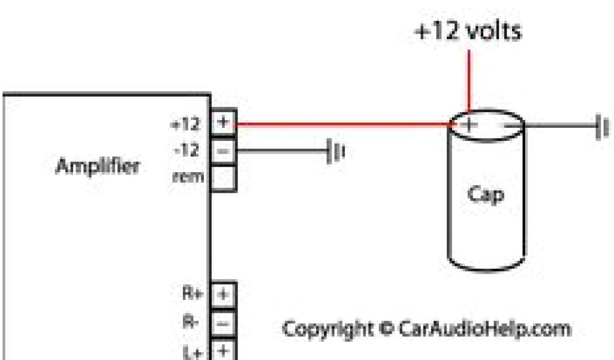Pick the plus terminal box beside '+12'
tap(223, 122)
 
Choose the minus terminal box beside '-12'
tap(223, 151)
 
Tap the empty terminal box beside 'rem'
tap(223, 178)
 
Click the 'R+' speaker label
tap(191, 295)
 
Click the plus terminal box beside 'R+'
tap(223, 295)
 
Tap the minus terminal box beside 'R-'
tap(223, 323)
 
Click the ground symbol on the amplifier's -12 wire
tap(335, 152)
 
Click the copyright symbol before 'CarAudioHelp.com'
tap(386, 329)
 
